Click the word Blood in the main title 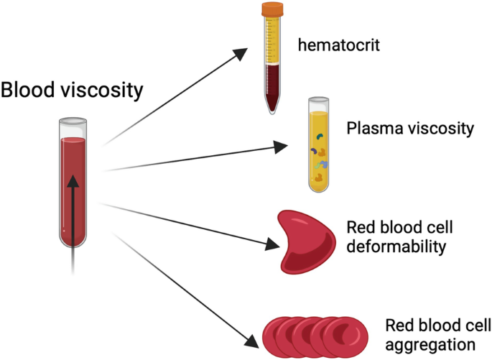28,91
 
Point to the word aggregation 420,343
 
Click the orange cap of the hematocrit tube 274,9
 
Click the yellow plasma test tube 320,147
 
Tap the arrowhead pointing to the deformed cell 270,245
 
